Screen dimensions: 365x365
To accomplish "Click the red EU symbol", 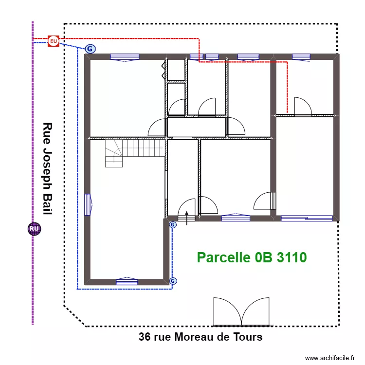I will click(x=53, y=41).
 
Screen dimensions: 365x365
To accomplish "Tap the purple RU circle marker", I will click(x=34, y=229).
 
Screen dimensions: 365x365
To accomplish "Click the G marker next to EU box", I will click(x=90, y=49).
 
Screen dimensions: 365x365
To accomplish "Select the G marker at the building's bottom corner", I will click(x=173, y=281).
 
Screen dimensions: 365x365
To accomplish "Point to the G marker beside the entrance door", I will click(x=172, y=224).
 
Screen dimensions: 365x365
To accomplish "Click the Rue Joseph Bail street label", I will click(x=47, y=168).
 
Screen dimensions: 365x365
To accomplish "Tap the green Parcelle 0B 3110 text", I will click(x=252, y=257).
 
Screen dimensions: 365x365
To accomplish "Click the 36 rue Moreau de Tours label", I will click(x=201, y=337).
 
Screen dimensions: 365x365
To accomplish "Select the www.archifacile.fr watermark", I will click(x=330, y=358).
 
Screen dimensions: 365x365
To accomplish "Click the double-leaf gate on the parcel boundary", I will click(x=242, y=311).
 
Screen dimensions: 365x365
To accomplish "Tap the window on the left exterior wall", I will click(x=88, y=204).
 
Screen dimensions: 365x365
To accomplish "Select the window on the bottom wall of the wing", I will click(x=127, y=281).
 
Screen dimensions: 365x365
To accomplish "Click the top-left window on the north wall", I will click(x=125, y=57).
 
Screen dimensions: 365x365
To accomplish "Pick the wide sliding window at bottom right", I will click(x=307, y=219).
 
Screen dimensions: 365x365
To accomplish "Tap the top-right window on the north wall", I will click(x=301, y=57).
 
